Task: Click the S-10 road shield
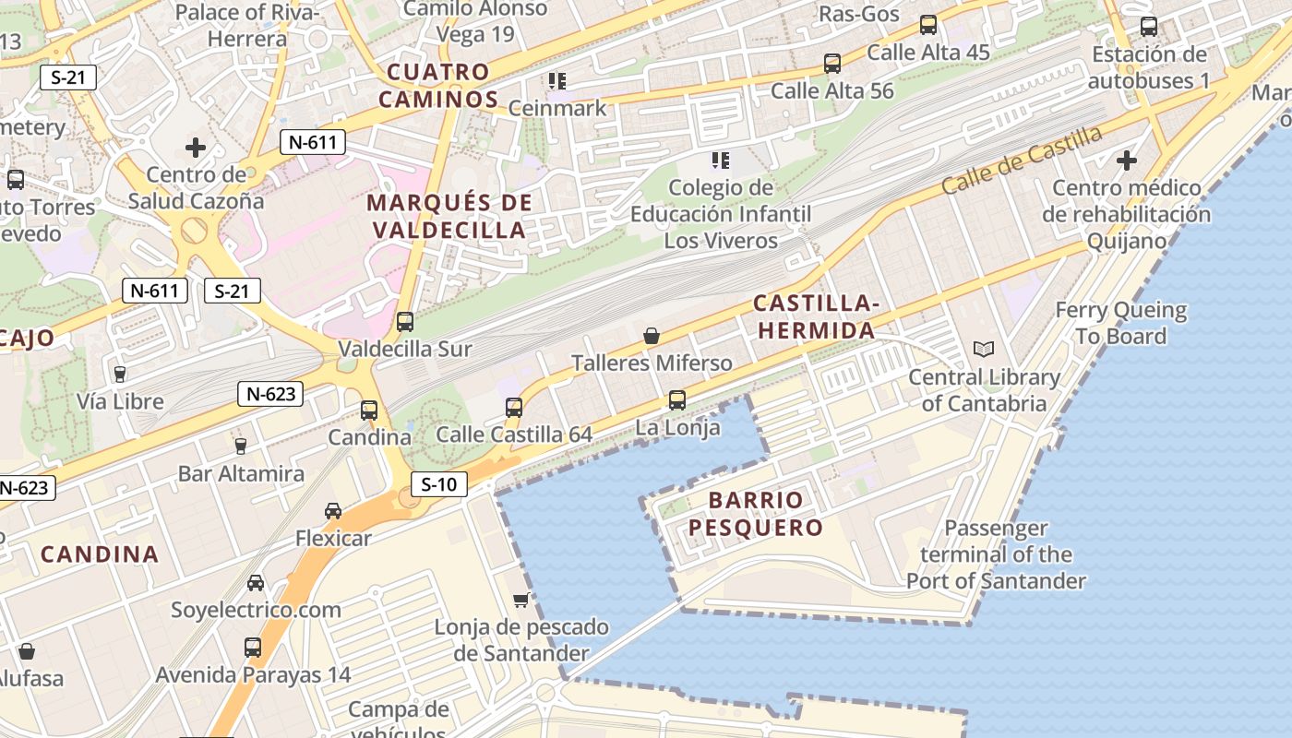coord(439,484)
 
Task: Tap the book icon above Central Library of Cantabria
coord(984,350)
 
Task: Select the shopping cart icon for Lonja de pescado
coord(521,601)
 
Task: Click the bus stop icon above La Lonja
coord(677,400)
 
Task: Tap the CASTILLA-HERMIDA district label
coord(815,316)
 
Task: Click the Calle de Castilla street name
coord(1022,160)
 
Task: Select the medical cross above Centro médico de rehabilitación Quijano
coord(1126,161)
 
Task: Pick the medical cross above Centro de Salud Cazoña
coord(195,147)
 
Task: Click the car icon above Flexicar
coord(333,511)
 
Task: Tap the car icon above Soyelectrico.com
coord(256,583)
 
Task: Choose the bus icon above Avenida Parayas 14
coord(253,648)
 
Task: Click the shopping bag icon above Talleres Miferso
coord(652,336)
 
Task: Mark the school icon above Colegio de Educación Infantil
coord(721,161)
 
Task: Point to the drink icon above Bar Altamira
coord(241,446)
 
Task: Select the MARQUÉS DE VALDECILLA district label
coord(449,216)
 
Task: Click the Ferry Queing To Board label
coord(1120,323)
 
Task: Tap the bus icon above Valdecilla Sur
coord(405,322)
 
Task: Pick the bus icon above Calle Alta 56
coord(832,64)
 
